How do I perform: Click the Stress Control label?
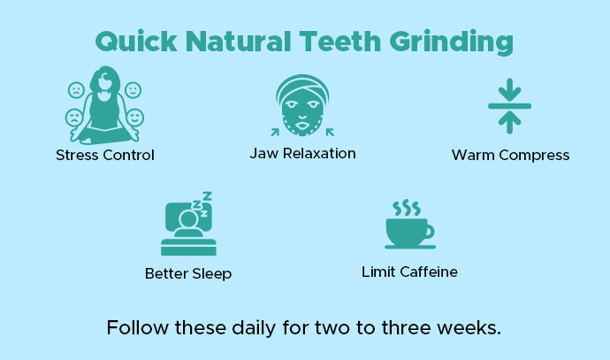[105, 156]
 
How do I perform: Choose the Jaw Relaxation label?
[302, 154]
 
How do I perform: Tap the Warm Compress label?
[510, 156]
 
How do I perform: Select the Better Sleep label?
[188, 274]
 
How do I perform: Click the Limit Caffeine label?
[409, 272]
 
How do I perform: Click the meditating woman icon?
[105, 105]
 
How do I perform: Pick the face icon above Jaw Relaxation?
[302, 105]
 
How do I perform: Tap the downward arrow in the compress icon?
[510, 91]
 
